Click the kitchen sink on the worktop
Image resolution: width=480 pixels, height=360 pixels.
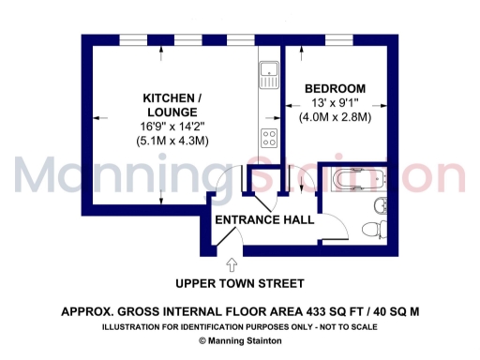tap(268, 72)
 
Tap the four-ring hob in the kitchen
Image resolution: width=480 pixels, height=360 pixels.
tap(268, 140)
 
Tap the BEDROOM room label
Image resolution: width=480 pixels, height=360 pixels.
tap(335, 89)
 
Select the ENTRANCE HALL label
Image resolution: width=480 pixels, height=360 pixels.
tap(264, 220)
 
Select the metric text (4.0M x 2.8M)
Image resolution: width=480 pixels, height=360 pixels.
tap(335, 118)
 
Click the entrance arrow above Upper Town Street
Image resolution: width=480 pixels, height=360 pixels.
tap(232, 267)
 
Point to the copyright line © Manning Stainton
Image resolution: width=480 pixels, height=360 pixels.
tap(240, 341)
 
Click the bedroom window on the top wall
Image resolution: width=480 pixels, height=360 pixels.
tap(335, 38)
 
